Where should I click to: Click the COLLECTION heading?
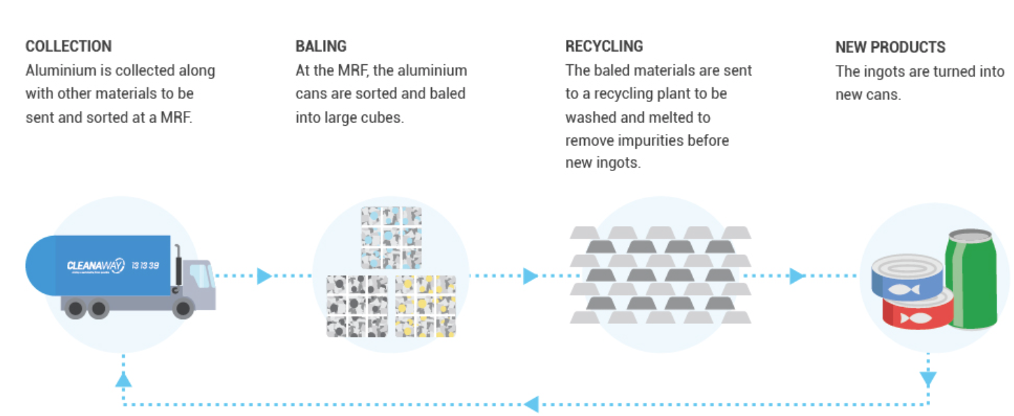[x=68, y=47]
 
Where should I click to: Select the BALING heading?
[x=321, y=47]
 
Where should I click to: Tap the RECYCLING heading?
[x=604, y=47]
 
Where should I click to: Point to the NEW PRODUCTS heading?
[x=890, y=47]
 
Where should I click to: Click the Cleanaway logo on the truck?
[x=95, y=266]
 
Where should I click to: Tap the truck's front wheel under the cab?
[x=182, y=307]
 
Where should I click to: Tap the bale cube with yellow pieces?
[x=425, y=306]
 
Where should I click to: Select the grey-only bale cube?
[x=356, y=306]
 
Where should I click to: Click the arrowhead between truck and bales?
[x=264, y=276]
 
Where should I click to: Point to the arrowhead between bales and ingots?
[x=531, y=276]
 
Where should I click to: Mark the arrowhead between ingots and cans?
[x=797, y=276]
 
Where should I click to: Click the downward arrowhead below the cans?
[x=928, y=379]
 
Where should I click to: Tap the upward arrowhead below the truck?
[x=123, y=379]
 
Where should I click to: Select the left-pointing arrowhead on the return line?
[x=531, y=403]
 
